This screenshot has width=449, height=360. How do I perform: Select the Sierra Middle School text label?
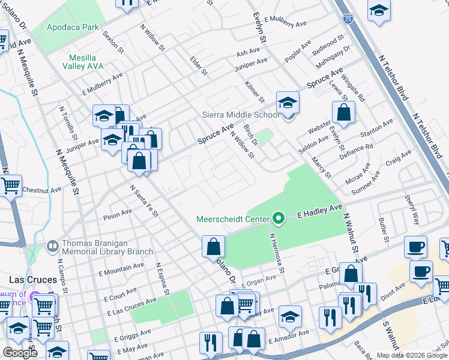[x=241, y=115]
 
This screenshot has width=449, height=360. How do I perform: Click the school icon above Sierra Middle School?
[x=288, y=103]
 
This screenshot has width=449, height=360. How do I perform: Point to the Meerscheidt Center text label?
[x=233, y=218]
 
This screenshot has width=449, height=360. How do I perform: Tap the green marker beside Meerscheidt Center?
[x=278, y=218]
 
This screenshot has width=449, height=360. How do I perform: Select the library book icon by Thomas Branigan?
[x=52, y=245]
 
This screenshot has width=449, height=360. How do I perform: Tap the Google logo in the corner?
[x=20, y=353]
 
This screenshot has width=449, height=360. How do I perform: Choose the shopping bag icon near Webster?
[x=343, y=112]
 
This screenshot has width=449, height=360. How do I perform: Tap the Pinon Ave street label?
[x=118, y=213]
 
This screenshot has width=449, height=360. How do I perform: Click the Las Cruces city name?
[x=33, y=280]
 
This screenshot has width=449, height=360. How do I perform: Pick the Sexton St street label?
[x=113, y=42]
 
